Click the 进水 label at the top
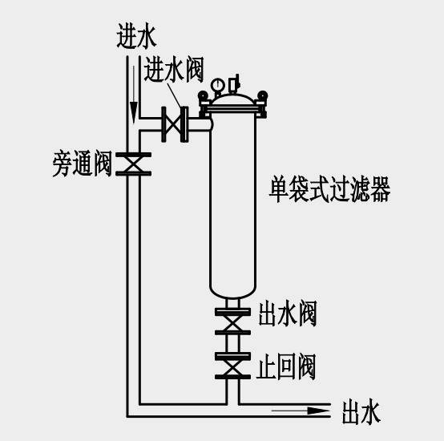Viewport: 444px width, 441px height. [136, 35]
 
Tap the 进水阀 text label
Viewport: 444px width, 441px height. [174, 70]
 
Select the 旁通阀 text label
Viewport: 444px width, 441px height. [82, 164]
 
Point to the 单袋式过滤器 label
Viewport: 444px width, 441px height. [329, 189]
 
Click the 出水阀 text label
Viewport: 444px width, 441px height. [288, 314]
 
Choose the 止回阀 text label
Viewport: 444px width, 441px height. [286, 366]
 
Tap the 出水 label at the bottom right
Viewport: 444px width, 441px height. [361, 412]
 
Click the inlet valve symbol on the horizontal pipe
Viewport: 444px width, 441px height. [175, 124]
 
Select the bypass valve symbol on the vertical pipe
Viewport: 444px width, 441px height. [133, 164]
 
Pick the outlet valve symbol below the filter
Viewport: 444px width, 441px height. [232, 322]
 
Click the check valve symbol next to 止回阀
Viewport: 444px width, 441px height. [232, 366]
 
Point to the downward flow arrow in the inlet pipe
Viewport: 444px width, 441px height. [134, 95]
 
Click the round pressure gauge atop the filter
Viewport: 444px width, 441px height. [218, 84]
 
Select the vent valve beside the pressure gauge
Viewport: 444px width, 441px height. [234, 84]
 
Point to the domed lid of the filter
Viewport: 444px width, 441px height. [232, 99]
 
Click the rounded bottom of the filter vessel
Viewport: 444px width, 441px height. [232, 292]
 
